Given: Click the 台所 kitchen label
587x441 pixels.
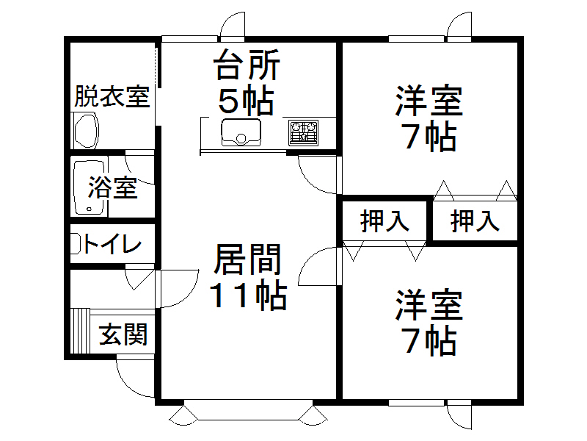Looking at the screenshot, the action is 247,67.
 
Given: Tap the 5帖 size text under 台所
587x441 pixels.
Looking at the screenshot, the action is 247,100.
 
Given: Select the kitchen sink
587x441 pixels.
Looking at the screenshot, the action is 241,132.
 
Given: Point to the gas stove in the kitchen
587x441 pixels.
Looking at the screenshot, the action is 303,132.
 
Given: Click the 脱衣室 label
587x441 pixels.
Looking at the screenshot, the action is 112,96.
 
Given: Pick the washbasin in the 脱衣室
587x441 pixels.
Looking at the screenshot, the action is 87,129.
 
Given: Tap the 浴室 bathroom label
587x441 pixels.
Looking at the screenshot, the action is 113,187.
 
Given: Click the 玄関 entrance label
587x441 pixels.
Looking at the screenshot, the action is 123,334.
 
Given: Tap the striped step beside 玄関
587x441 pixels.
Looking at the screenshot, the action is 80,331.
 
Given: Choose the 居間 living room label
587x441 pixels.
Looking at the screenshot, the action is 247,261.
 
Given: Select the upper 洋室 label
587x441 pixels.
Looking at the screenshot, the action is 430,102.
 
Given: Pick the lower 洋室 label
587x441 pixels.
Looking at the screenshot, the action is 430,306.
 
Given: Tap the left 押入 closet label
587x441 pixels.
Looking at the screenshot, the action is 384,220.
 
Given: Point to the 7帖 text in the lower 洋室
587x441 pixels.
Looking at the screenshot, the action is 430,340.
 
